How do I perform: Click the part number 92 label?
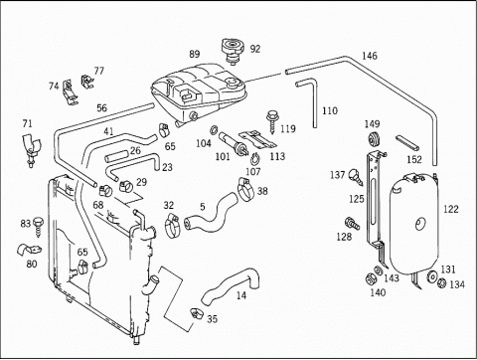point(255,49)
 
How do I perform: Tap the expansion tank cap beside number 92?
point(234,51)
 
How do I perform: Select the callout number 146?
point(370,56)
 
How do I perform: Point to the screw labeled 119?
point(271,122)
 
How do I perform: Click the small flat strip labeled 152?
point(407,142)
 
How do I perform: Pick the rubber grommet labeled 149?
point(375,139)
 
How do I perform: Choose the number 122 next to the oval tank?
point(451,209)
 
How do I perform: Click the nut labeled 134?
point(441,282)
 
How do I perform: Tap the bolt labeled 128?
point(353,224)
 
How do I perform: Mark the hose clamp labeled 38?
point(245,189)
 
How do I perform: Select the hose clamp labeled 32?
point(172,226)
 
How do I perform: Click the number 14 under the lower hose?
point(241,295)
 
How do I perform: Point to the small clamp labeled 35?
point(196,313)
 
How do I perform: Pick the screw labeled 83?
point(39,227)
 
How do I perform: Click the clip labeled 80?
point(29,250)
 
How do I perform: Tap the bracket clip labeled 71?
point(31,149)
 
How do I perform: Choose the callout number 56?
point(102,108)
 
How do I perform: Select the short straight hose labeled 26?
point(116,156)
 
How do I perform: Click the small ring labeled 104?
point(214,129)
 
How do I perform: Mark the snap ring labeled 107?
point(254,158)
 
